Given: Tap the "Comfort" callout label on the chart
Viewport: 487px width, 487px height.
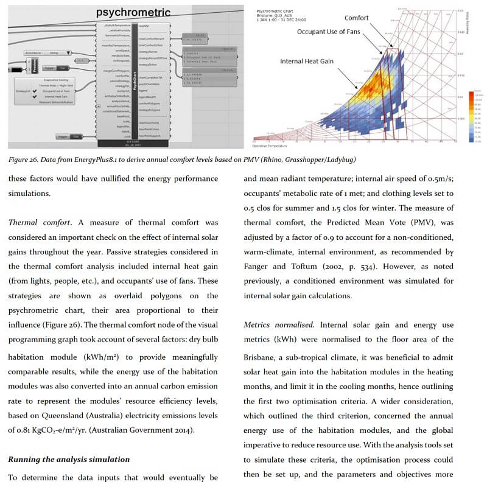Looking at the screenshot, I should click(356, 18).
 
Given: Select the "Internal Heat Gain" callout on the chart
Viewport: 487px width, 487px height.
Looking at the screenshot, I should click(307, 61).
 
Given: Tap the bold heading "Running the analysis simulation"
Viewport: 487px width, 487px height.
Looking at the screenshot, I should click(69, 458).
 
